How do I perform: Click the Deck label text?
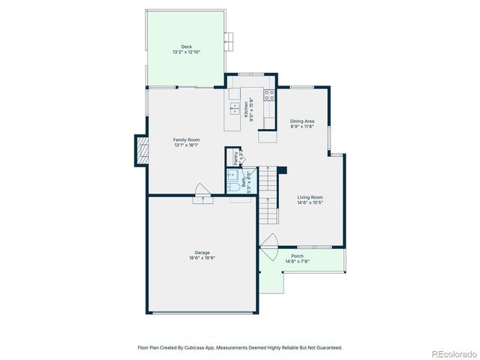[x=187, y=46]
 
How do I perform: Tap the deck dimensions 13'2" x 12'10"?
[x=187, y=52]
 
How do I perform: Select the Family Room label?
[x=187, y=139]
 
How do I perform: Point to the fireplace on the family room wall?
[x=139, y=149]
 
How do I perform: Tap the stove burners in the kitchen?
[x=268, y=96]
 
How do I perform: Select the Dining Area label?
[x=302, y=121]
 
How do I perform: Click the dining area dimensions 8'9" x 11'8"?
[x=302, y=127]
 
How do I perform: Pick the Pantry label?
[x=235, y=157]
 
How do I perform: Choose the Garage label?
[x=202, y=253]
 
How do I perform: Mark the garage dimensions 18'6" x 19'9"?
[x=202, y=259]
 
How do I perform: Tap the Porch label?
[x=297, y=256]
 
